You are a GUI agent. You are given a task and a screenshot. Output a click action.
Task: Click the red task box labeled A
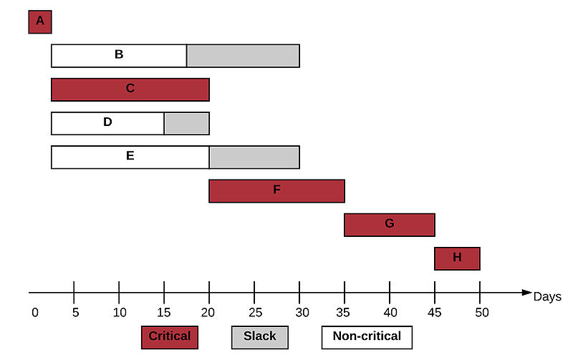(40, 22)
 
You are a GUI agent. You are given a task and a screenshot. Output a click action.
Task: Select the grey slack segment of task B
(243, 56)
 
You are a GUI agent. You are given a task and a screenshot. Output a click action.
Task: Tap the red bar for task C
(130, 89)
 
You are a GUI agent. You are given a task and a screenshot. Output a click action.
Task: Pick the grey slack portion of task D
(187, 123)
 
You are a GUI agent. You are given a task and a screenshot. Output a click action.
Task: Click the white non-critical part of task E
(130, 157)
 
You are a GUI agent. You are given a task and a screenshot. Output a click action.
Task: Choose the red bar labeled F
(276, 191)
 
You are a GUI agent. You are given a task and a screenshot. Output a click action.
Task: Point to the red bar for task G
(390, 225)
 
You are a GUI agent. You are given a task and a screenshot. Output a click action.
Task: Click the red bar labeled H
(457, 258)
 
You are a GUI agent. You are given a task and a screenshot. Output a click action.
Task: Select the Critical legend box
(170, 337)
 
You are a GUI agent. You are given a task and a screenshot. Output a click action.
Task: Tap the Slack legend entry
(260, 337)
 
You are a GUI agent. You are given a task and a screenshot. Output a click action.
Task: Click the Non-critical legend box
(367, 337)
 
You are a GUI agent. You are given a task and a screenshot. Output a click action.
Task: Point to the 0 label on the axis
(35, 313)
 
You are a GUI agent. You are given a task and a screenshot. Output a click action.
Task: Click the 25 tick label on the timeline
(256, 313)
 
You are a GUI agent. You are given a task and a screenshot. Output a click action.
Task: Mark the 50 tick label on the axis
(482, 313)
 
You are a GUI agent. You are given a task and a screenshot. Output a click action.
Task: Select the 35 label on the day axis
(343, 313)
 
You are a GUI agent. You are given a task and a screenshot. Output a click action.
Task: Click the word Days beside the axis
(547, 297)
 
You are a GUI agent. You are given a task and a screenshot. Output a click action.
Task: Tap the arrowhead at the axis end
(526, 293)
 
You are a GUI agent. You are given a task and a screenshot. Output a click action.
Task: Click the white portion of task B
(119, 56)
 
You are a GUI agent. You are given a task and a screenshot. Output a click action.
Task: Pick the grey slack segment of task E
(254, 157)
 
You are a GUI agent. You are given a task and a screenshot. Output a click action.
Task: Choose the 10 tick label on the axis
(120, 313)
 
